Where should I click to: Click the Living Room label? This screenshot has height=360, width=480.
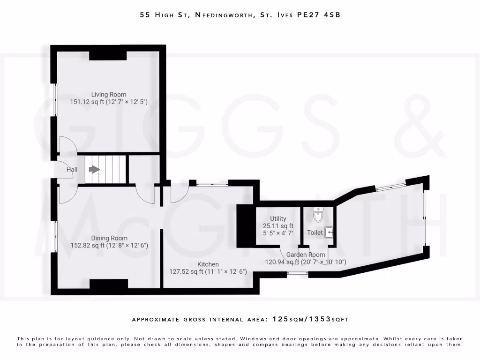(x=109, y=95)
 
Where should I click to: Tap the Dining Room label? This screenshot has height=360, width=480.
(x=109, y=238)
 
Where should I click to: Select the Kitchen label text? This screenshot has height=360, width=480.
(x=208, y=264)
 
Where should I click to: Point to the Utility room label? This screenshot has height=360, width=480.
(x=278, y=219)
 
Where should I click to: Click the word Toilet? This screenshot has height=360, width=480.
(x=315, y=232)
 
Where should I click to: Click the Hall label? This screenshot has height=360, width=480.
(x=72, y=170)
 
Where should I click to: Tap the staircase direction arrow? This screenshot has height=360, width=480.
(x=95, y=169)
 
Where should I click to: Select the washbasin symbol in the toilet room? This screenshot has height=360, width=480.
(x=330, y=232)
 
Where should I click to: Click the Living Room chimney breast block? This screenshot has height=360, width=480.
(x=108, y=55)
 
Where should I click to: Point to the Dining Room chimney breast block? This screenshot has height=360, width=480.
(x=109, y=284)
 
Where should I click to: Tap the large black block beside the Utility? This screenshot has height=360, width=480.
(x=245, y=226)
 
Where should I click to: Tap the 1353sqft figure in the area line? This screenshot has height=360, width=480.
(x=331, y=319)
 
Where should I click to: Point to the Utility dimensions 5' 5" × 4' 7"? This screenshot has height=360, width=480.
(x=278, y=232)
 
